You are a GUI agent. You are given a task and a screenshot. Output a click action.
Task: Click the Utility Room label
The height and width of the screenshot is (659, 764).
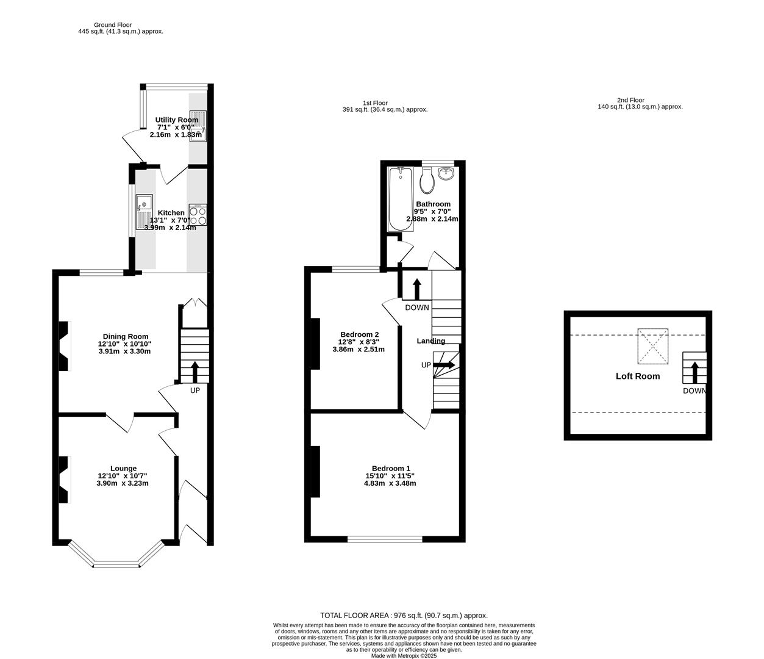pos(176,120)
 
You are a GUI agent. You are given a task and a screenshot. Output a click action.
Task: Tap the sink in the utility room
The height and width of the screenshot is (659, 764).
pos(199,126)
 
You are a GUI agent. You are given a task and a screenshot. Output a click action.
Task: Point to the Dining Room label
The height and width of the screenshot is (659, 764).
pos(125,336)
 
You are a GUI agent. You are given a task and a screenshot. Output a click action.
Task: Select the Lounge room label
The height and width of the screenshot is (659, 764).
pos(123,468)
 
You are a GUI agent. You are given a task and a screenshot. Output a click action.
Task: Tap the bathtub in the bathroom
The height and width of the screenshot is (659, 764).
pos(401,200)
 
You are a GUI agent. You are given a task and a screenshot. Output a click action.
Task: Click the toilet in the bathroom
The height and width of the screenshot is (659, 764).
pos(427,179)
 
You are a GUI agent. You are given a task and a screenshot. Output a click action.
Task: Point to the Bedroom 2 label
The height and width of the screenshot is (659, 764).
pos(359,334)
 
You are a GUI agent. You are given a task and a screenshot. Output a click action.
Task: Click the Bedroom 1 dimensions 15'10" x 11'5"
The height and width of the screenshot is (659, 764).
pos(390,476)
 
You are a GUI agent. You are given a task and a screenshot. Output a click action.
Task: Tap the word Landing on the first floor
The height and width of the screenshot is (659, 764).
pos(431,341)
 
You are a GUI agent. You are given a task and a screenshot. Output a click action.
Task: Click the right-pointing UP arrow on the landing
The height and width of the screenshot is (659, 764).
pos(444,365)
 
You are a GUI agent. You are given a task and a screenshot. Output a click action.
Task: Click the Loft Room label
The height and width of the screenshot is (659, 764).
pos(637,376)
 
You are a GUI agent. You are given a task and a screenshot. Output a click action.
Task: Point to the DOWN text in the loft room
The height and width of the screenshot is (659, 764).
pos(694,391)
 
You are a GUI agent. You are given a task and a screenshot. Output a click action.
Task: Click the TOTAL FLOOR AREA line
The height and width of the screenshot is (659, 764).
pos(404,616)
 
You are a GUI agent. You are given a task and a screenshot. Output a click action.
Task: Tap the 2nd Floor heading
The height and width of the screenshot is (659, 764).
pos(630,100)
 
